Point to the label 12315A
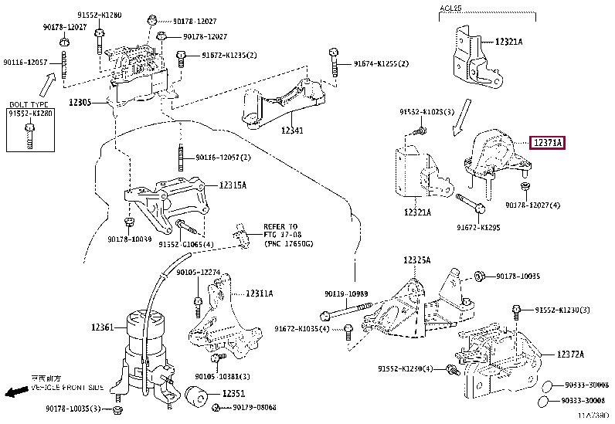coord(232,185)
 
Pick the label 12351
coord(233,394)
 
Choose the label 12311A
coord(259,293)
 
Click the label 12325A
coord(416,260)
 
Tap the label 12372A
coord(571,353)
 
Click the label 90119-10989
coord(347,293)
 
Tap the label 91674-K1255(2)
coord(382,63)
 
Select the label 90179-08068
coord(254,407)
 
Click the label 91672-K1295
coord(479,228)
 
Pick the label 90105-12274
coord(198,272)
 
